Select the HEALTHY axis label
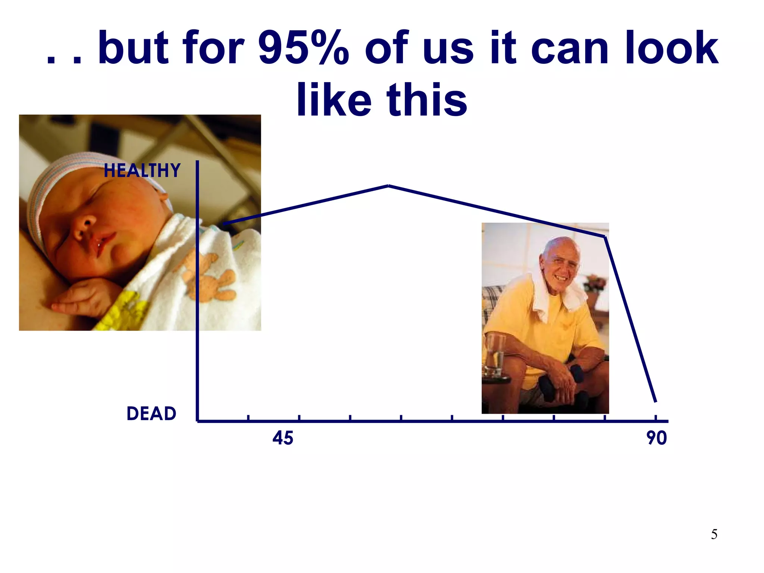pos(142,170)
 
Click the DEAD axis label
pos(151,414)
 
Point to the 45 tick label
pos(283,438)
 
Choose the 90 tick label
pos(657,438)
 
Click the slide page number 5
pos(714,534)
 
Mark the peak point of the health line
pos(388,185)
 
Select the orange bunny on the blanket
pos(209,276)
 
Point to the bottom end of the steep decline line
pos(655,401)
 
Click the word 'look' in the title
pos(671,48)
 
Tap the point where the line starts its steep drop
pos(605,237)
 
